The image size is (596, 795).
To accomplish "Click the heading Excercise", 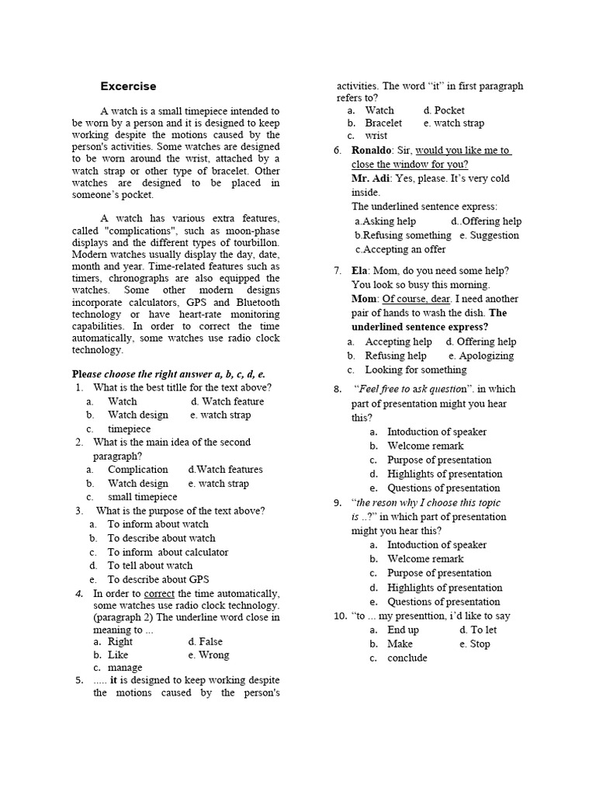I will point(128,86).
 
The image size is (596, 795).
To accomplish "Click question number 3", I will point(79,511).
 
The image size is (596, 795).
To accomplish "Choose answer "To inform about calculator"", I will point(168,552).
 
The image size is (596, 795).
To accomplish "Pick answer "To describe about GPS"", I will point(158,579).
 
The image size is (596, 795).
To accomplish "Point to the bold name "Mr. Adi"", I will point(371,179).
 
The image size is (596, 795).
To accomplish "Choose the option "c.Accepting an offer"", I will point(400,249).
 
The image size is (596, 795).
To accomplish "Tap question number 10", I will point(339,616).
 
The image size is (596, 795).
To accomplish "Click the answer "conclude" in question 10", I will point(407,658).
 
